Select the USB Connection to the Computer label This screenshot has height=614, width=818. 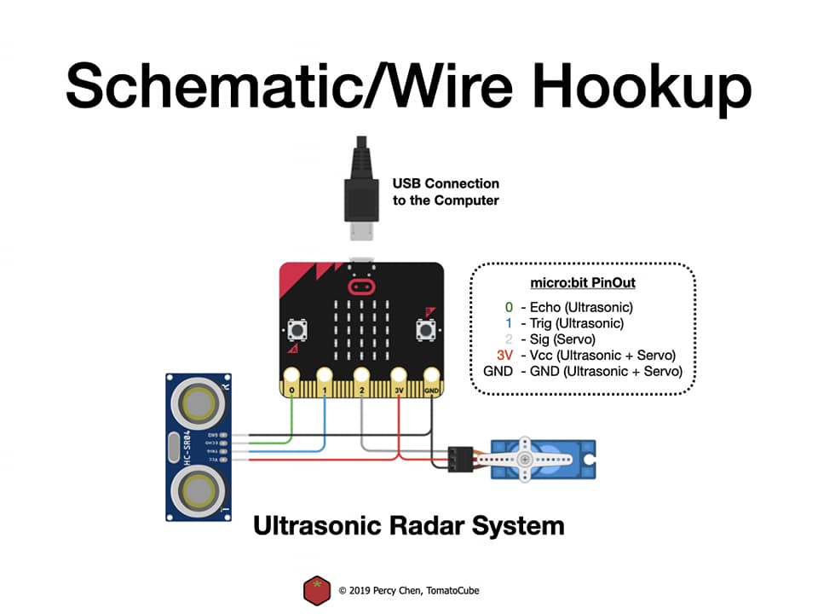446,192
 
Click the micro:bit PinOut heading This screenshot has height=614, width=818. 583,282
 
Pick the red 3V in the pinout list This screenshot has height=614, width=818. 504,355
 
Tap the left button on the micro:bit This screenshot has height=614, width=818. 299,330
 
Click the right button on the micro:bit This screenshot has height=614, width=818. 423,330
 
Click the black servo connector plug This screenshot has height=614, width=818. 460,458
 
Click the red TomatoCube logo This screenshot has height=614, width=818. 317,589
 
